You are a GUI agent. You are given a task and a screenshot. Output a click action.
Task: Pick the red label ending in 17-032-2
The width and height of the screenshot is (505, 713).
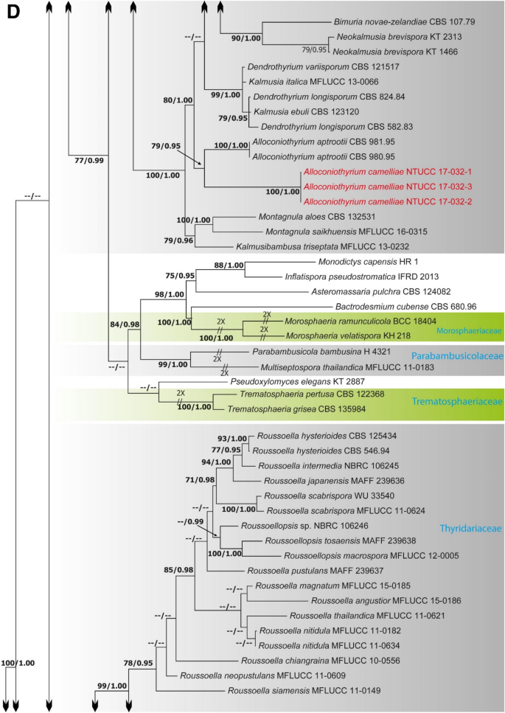pyautogui.click(x=361, y=201)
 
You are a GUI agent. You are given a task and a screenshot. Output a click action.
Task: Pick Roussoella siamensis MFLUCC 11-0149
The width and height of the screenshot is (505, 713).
pyautogui.click(x=307, y=692)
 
